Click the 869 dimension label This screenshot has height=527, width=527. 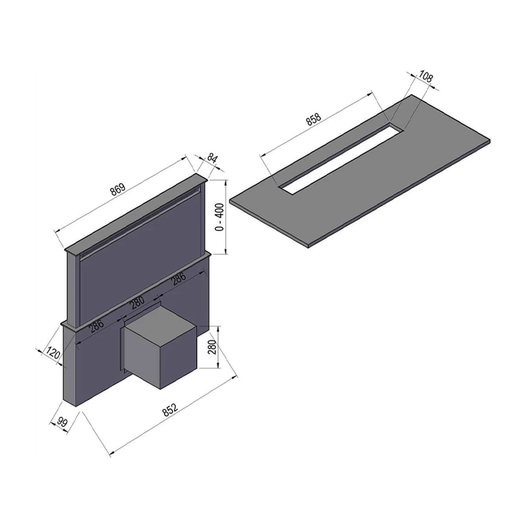118,189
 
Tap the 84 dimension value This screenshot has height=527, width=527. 212,158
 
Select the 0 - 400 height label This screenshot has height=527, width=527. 220,217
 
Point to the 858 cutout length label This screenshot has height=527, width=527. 314,119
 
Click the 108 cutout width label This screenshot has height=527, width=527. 426,77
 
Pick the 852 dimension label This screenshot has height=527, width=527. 170,410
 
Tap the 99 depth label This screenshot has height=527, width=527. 62,422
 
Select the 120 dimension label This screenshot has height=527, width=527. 53,353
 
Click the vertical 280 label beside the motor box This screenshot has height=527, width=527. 212,347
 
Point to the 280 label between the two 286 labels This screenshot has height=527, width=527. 138,301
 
